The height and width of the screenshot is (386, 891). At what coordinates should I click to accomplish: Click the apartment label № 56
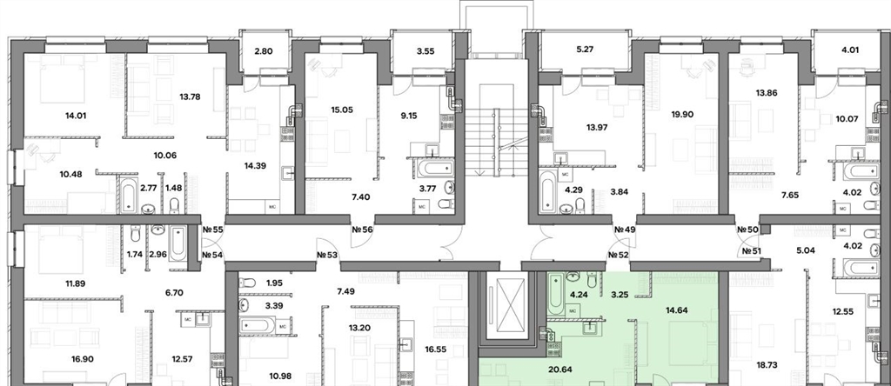(x=363, y=230)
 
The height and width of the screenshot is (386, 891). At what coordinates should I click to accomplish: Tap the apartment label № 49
(x=625, y=230)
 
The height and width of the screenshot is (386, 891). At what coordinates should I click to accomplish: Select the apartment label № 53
(x=328, y=256)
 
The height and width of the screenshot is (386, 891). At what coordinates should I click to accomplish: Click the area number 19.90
(x=681, y=114)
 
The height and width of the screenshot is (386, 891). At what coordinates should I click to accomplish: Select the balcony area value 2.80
(x=263, y=51)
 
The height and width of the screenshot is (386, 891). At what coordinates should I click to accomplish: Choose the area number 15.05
(x=341, y=110)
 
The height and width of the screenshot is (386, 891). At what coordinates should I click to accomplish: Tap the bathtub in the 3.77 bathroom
(x=435, y=169)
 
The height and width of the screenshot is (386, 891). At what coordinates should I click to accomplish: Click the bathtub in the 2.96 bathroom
(x=178, y=243)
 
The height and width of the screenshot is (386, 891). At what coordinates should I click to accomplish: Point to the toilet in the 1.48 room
(x=175, y=204)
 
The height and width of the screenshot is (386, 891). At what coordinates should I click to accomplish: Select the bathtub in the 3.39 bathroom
(x=258, y=324)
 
